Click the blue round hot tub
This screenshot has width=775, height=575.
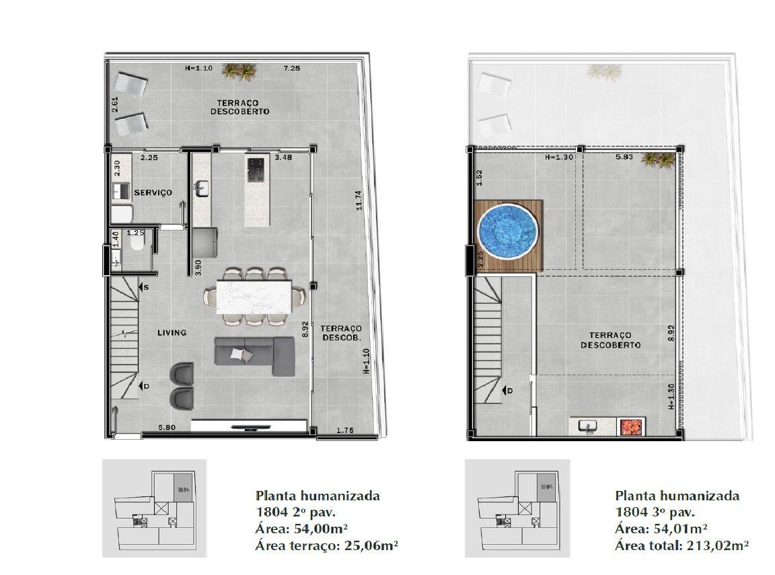(508, 231)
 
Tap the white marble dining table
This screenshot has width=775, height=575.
(254, 297)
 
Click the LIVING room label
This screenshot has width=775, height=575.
(172, 332)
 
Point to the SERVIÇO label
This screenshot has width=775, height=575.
(153, 192)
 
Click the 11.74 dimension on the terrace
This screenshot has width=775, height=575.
(359, 200)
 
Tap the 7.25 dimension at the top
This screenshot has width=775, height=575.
(291, 68)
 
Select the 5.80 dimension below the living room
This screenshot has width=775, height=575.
(167, 427)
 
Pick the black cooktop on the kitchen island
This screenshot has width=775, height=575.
(256, 169)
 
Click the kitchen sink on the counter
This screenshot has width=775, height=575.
(202, 188)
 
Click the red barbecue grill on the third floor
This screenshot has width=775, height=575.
(631, 427)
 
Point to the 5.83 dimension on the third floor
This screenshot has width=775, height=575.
(624, 157)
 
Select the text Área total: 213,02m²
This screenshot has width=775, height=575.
(681, 546)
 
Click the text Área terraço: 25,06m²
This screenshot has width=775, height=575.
(327, 546)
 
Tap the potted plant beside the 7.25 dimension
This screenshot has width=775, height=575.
(239, 71)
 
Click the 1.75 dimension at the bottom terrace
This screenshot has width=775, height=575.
(345, 430)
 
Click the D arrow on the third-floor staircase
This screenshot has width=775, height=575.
(507, 391)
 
